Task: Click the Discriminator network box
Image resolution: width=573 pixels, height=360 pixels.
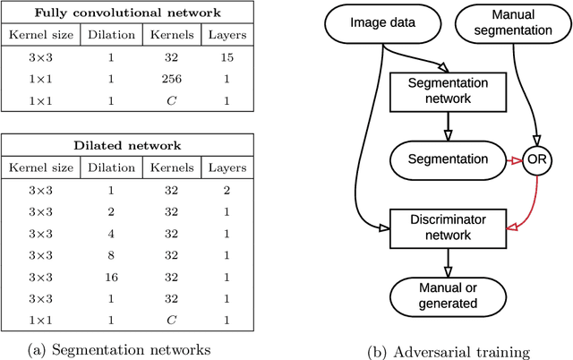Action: coord(447,227)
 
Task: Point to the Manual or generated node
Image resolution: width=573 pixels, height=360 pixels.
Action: coord(447,295)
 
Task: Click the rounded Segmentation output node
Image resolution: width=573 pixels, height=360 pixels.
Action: coord(447,159)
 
